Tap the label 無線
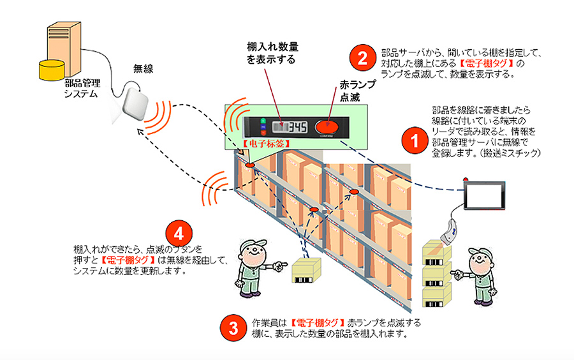[x=143, y=68]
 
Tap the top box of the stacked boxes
[x=437, y=248]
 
